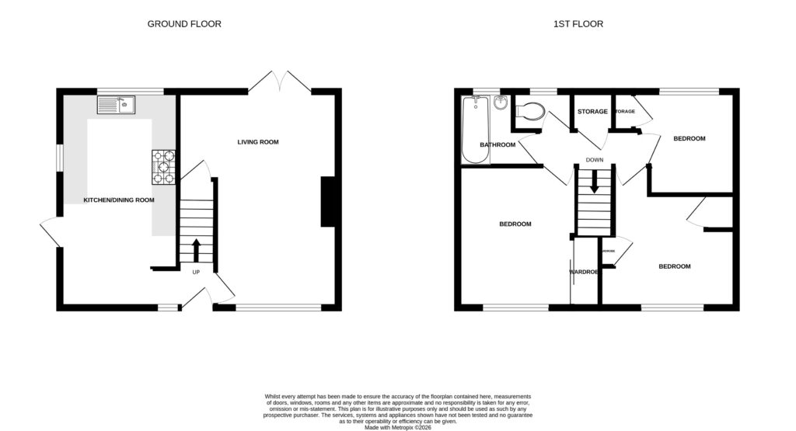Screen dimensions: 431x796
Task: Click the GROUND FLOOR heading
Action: click(184, 24)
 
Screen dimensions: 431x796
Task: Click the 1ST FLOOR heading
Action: click(578, 24)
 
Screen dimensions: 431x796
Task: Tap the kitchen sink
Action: click(116, 104)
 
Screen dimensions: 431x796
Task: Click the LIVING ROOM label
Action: click(258, 142)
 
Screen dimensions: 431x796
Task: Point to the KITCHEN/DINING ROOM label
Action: click(119, 200)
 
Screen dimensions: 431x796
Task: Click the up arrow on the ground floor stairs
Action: click(195, 251)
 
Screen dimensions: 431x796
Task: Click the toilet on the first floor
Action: click(531, 113)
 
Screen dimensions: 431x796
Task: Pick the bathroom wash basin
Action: click(501, 103)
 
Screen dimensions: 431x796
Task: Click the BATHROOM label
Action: click(497, 145)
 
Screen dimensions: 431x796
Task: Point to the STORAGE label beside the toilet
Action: click(592, 112)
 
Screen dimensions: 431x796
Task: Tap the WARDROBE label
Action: click(584, 273)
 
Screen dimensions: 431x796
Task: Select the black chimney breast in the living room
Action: click(328, 202)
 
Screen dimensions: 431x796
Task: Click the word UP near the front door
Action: click(195, 272)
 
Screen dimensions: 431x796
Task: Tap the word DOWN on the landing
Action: click(595, 161)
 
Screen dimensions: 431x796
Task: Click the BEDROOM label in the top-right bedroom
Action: click(689, 139)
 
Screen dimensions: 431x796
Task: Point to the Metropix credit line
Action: click(397, 426)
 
